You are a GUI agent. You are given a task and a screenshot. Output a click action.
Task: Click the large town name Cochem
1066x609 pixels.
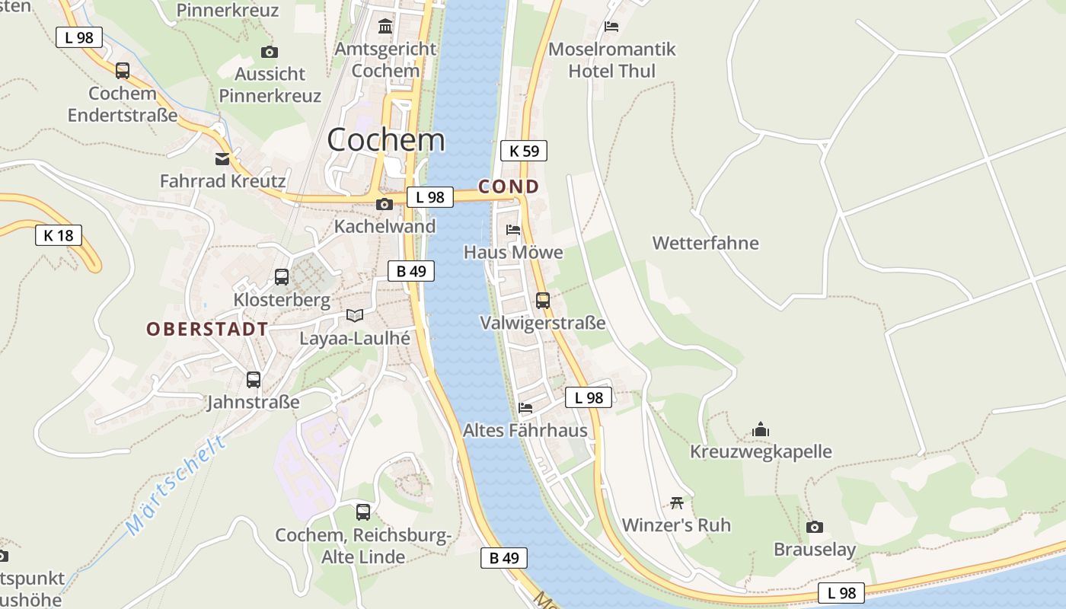click(386, 139)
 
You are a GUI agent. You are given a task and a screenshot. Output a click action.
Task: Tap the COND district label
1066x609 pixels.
click(509, 187)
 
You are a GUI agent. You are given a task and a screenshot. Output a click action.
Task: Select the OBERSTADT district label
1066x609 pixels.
click(207, 329)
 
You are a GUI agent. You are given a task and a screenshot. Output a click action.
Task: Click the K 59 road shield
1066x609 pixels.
click(524, 151)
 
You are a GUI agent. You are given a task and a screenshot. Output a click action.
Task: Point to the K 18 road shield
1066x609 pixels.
click(59, 235)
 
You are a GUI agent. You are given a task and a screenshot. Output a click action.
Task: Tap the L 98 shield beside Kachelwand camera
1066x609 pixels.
click(430, 197)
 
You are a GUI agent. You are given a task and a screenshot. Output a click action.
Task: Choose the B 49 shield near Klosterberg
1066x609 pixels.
click(411, 271)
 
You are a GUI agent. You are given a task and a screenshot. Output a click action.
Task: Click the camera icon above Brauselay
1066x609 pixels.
click(815, 527)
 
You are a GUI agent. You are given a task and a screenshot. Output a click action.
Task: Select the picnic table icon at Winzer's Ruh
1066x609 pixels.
click(677, 502)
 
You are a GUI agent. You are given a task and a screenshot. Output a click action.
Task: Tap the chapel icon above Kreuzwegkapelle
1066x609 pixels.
click(761, 429)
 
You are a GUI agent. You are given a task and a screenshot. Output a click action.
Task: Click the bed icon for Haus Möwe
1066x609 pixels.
click(513, 229)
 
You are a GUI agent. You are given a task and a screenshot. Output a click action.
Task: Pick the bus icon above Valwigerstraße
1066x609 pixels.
click(542, 300)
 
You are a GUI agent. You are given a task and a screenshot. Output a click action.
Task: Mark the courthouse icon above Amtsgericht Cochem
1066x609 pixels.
click(385, 27)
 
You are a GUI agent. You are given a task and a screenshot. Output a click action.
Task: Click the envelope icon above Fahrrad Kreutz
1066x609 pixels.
click(222, 159)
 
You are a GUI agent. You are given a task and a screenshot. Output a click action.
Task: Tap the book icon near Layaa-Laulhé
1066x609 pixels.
click(355, 315)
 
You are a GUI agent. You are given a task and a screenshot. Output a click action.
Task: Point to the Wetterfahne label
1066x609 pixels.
click(705, 243)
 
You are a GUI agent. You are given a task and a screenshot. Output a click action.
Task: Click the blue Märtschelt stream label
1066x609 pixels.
click(176, 485)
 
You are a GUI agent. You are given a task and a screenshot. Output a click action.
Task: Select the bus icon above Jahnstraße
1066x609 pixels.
click(254, 379)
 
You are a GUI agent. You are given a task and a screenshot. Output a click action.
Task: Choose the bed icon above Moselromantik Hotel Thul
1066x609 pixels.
click(611, 27)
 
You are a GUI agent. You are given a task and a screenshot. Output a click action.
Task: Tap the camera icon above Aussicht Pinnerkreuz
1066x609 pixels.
click(269, 52)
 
